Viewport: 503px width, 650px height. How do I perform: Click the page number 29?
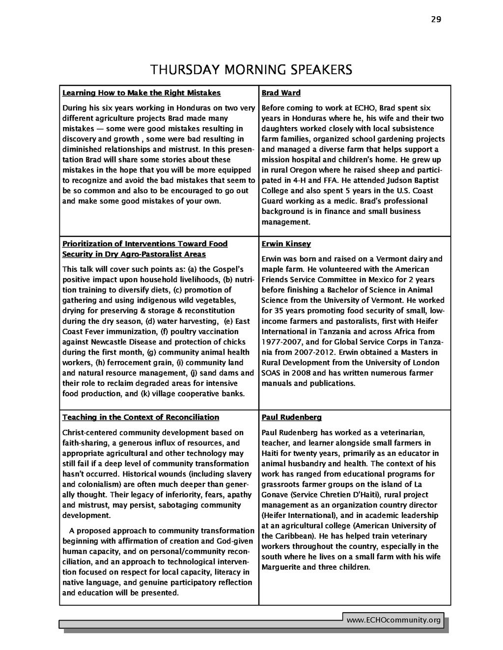click(436, 20)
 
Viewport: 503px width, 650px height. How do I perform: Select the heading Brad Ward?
click(281, 93)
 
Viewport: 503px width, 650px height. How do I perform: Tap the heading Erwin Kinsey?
click(286, 244)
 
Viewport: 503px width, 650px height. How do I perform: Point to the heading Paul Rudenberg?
click(291, 417)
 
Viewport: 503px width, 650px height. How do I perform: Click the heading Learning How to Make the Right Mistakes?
click(141, 93)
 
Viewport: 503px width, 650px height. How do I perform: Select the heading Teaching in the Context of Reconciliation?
click(140, 417)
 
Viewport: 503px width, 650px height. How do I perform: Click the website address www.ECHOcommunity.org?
click(393, 621)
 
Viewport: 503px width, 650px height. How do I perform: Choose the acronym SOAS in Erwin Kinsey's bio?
click(271, 373)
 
